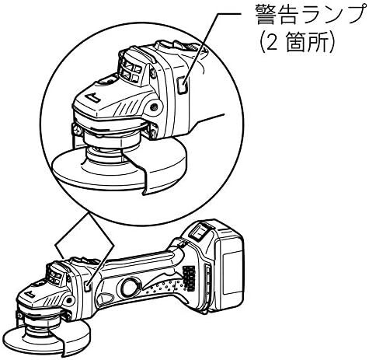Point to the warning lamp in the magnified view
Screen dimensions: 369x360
[x=183, y=85]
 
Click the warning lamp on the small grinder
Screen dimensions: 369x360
[x=88, y=286]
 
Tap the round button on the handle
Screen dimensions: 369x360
[x=131, y=287]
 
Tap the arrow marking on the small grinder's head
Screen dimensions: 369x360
[x=30, y=295]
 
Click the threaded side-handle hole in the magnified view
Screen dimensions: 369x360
[x=155, y=106]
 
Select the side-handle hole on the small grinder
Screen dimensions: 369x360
[x=68, y=301]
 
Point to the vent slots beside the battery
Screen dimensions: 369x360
[x=189, y=278]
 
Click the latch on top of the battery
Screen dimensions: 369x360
[x=200, y=232]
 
